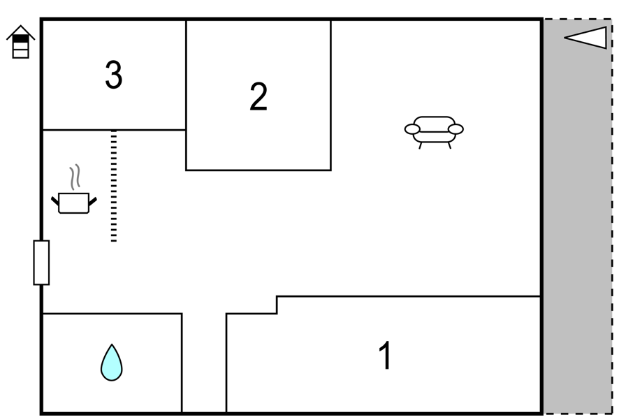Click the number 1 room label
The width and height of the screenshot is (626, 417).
click(385, 355)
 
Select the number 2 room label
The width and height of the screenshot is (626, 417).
click(259, 96)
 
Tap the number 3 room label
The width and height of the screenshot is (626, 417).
click(114, 75)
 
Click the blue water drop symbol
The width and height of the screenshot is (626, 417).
click(111, 363)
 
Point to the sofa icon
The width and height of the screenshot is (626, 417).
click(434, 132)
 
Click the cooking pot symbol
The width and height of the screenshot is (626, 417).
click(74, 203)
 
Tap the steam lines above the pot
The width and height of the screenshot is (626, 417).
click(75, 177)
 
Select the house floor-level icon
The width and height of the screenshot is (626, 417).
click(20, 42)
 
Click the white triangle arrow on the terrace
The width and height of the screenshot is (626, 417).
click(585, 38)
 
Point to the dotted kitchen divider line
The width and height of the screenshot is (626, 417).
click(114, 186)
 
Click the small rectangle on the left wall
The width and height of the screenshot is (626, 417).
click(41, 263)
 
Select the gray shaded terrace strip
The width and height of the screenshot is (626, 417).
click(578, 216)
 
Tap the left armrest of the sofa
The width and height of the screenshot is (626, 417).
click(412, 129)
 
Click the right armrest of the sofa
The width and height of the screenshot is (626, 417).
click(456, 129)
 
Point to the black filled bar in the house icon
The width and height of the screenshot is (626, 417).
click(20, 38)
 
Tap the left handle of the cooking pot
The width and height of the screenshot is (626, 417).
click(55, 200)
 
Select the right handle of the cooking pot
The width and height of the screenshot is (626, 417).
click(93, 201)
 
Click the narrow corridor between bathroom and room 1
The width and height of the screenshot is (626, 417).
click(204, 363)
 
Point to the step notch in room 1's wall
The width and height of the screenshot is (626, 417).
click(277, 305)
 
